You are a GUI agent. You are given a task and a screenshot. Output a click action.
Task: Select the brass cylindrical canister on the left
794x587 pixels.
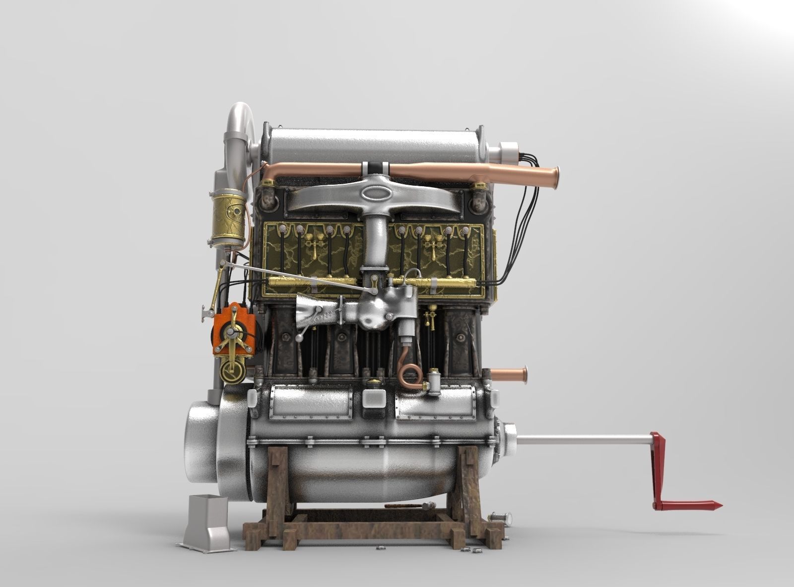pos(228,219)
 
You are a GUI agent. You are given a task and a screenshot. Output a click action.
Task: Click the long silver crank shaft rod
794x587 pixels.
pos(581,439)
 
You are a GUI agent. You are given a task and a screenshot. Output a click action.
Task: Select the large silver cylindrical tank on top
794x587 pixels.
pos(372,144)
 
